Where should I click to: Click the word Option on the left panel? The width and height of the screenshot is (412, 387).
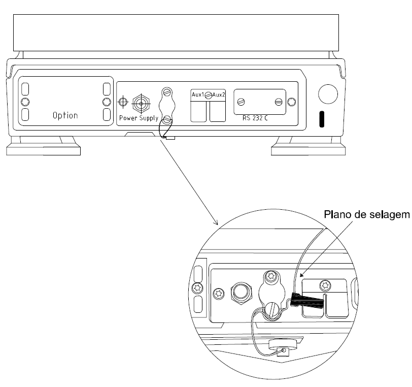pos(65,115)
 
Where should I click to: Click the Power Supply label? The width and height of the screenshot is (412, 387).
pos(139,118)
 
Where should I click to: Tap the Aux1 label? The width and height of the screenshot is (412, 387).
pos(198,94)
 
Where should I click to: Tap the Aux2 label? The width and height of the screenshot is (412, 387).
pos(219,94)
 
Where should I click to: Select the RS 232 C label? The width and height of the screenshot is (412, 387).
pos(255,118)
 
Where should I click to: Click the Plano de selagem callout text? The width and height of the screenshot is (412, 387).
pos(367,214)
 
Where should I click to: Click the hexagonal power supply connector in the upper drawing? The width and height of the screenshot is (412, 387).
pos(141,104)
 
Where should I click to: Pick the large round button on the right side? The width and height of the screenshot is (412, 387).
pos(328,94)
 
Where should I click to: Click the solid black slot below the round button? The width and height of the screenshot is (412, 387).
pos(322,119)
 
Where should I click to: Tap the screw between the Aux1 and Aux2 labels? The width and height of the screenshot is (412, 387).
pos(209,95)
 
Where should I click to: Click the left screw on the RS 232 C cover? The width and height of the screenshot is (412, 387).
pos(241,102)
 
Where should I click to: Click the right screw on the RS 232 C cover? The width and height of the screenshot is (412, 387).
pos(279,102)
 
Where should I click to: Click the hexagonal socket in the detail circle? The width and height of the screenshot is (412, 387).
pos(242,293)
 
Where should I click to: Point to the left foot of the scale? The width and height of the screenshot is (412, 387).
pos(43,146)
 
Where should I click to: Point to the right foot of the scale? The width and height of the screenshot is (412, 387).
pos(308,146)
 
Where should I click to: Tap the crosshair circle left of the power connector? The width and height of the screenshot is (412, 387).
pos(123,102)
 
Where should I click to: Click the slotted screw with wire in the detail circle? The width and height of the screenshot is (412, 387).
pos(272,310)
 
